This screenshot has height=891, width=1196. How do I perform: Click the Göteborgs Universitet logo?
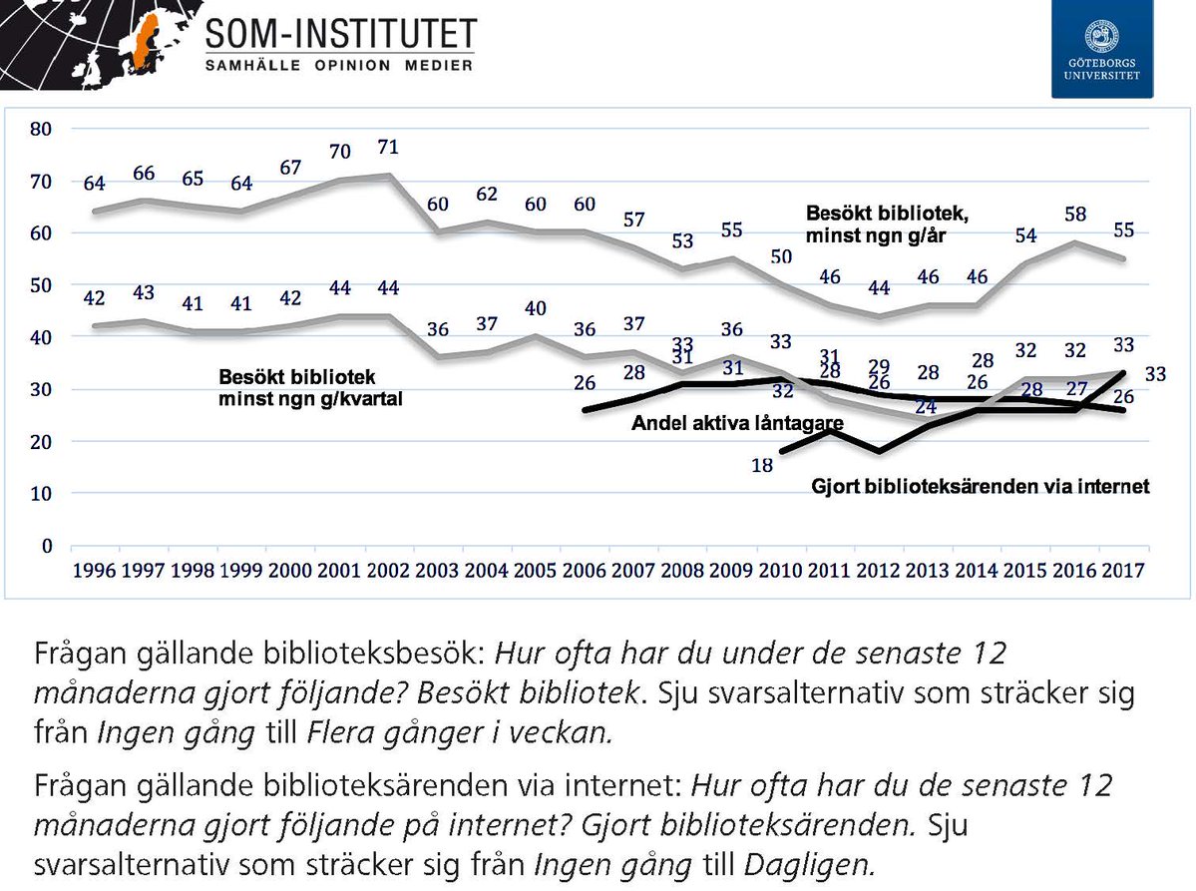[1101, 49]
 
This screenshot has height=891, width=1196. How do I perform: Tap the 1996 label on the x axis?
[94, 574]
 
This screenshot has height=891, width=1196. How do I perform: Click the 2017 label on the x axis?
[1124, 574]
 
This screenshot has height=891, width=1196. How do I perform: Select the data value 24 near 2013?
[928, 407]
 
